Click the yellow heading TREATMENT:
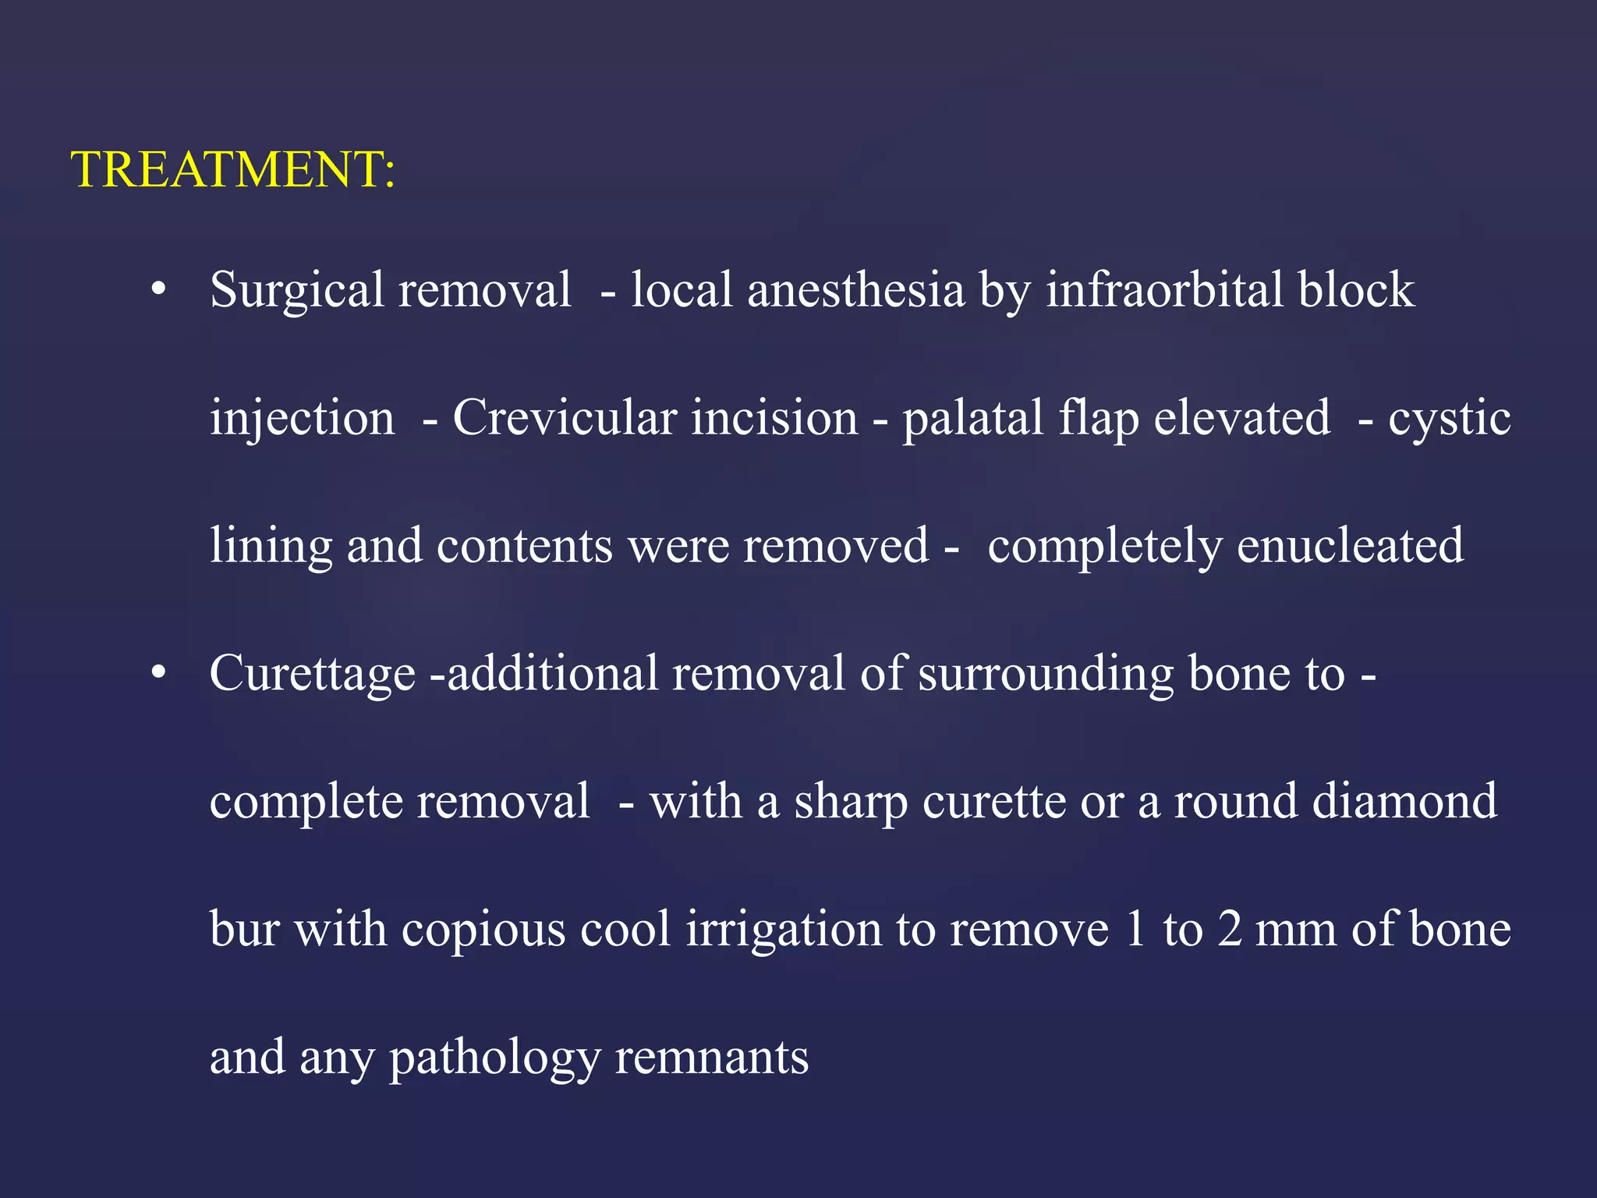[x=233, y=169]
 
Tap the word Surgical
[x=296, y=291]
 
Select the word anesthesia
[x=855, y=289]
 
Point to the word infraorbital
[x=1164, y=289]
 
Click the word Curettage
[x=312, y=674]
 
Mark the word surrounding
[x=1046, y=674]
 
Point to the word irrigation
[x=783, y=930]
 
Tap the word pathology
[x=495, y=1059]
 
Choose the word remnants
[x=711, y=1058]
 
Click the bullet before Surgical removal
[x=159, y=289]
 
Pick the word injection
[x=302, y=419]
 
